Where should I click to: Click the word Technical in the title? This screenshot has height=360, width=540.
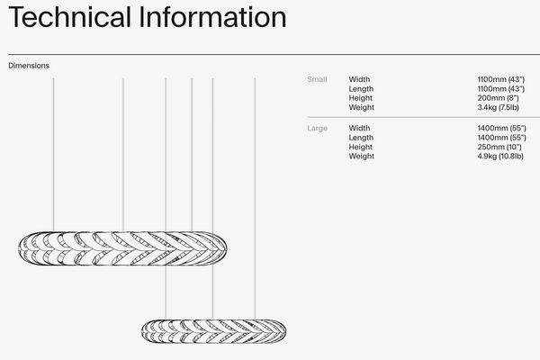pyautogui.click(x=70, y=17)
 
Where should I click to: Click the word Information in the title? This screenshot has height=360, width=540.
pyautogui.click(x=212, y=17)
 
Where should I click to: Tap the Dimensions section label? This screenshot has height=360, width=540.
pyautogui.click(x=29, y=66)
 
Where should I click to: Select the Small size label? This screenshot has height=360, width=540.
pyautogui.click(x=317, y=79)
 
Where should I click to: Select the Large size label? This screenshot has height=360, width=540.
pyautogui.click(x=317, y=129)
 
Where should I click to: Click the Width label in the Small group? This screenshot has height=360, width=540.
pyautogui.click(x=359, y=79)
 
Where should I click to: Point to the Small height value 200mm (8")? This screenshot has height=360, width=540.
pyautogui.click(x=498, y=98)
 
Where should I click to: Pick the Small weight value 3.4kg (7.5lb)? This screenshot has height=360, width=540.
pyautogui.click(x=498, y=107)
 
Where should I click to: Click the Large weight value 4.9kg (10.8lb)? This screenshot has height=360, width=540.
pyautogui.click(x=500, y=157)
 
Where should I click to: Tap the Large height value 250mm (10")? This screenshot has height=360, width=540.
pyautogui.click(x=499, y=147)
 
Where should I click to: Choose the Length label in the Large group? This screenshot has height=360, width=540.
pyautogui.click(x=361, y=138)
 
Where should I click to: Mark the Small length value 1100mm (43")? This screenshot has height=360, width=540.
pyautogui.click(x=500, y=89)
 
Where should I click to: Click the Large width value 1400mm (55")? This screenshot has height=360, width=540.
pyautogui.click(x=502, y=129)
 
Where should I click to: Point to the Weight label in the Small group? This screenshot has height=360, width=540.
pyautogui.click(x=361, y=107)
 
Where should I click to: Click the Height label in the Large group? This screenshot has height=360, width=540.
pyautogui.click(x=361, y=147)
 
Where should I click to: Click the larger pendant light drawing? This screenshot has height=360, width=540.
pyautogui.click(x=122, y=248)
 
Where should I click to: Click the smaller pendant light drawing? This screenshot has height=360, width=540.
pyautogui.click(x=213, y=331)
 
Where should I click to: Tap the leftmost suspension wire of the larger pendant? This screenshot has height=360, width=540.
pyautogui.click(x=53, y=155)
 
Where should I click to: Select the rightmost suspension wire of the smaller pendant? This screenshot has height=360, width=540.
pyautogui.click(x=255, y=199)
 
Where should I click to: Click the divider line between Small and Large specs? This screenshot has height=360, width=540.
pyautogui.click(x=424, y=118)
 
